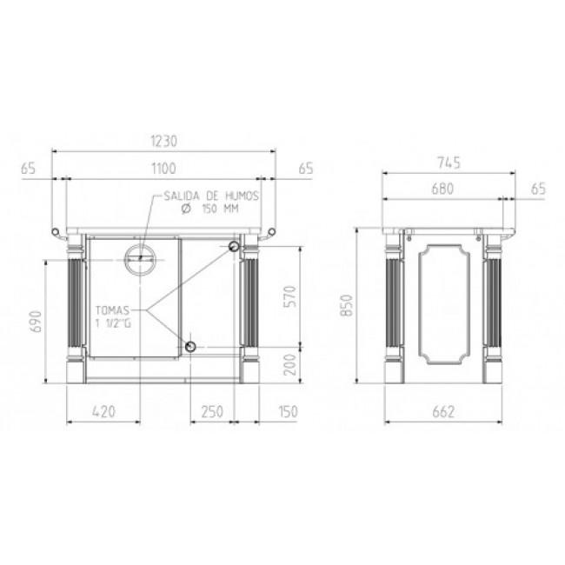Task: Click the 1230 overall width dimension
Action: (x=164, y=141)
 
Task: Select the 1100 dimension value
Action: (x=163, y=169)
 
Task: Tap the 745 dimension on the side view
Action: (x=449, y=163)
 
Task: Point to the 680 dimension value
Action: (x=442, y=189)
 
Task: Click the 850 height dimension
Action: (x=347, y=305)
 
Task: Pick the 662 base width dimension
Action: (x=443, y=411)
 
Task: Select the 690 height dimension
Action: (x=37, y=322)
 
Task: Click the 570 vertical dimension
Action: (x=290, y=296)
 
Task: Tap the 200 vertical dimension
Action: (x=290, y=364)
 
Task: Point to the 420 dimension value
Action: (x=103, y=411)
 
